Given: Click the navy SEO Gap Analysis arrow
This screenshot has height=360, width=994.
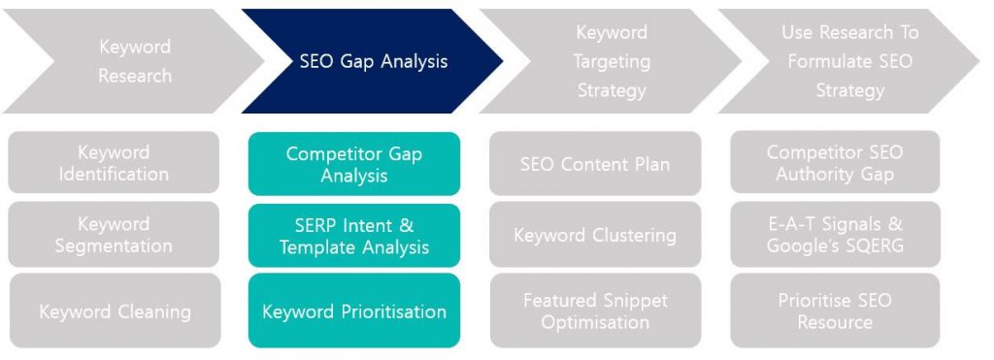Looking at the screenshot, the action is pos(373,61).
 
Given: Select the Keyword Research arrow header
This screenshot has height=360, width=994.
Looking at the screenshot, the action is pos(134,61).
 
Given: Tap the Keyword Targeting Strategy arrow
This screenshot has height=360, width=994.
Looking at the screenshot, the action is pos(612,61).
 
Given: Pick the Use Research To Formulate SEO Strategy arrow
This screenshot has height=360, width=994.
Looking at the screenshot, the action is pos(849,61).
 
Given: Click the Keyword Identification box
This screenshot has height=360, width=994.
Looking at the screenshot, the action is pos(115,162).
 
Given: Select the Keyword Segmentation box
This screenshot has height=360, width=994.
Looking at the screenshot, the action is pos(115,235).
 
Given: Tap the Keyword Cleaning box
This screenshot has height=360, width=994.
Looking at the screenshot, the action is pos(115,311).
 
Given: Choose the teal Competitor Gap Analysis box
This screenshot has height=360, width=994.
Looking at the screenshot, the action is pos(354,164).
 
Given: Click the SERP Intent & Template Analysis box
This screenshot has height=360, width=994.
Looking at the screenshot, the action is pos(354,235).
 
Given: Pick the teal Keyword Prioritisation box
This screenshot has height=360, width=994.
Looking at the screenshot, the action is pos(354,311).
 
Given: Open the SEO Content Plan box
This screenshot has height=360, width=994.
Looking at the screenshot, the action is pos(595,163).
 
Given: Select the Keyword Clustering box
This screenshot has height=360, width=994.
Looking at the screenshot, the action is pos(595,235).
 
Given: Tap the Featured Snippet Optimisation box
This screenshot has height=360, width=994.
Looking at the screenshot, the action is pos(595,311).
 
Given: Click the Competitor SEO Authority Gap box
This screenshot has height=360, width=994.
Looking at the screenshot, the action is pos(835,162).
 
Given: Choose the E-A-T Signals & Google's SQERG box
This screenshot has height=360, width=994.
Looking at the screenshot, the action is pos(835,235).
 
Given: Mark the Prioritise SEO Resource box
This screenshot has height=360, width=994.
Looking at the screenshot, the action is pos(835,311).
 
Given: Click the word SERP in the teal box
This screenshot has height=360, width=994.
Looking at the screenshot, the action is pos(315,226).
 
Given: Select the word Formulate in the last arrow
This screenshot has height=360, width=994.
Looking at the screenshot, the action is pos(825,61).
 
